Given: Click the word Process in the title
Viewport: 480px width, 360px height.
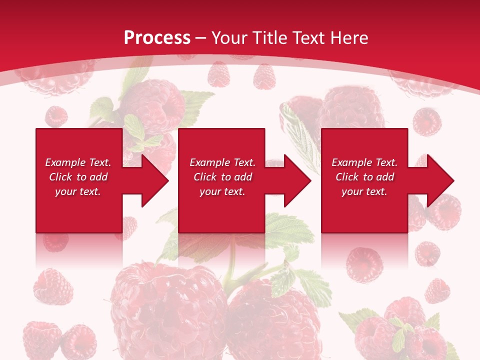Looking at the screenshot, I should (157, 38).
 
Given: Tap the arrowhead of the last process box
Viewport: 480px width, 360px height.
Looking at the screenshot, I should (439, 180).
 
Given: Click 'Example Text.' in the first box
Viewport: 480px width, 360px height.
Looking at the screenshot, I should (78, 162).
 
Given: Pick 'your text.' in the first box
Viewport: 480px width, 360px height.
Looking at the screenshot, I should (78, 191).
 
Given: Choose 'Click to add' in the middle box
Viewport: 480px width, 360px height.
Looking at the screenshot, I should (222, 177).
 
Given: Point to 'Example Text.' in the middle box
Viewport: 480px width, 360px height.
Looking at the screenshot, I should (222, 162).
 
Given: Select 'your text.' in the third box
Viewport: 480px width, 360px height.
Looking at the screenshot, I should (364, 191).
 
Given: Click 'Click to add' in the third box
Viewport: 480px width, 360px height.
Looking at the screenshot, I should (364, 177).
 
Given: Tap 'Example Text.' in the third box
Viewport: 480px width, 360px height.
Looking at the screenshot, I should (364, 162).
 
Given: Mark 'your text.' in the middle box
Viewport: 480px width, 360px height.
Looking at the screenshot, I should (222, 191).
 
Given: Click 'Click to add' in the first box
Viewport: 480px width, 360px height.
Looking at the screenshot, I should (78, 177).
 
